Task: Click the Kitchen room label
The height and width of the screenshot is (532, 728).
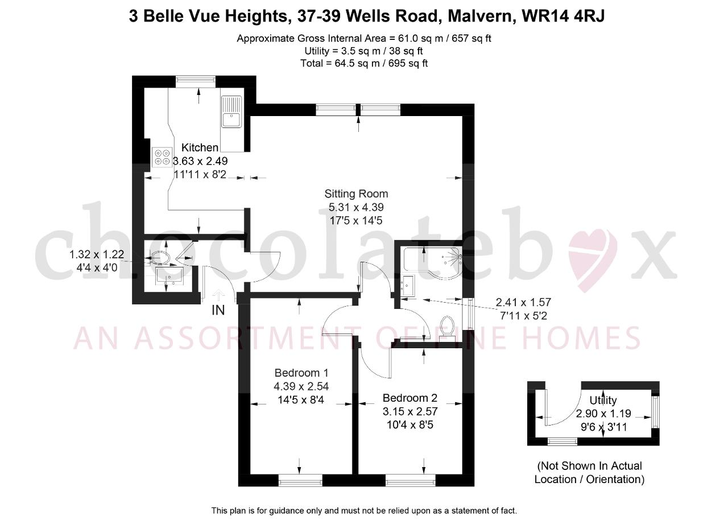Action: [200, 147]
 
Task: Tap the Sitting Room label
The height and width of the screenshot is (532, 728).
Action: [356, 194]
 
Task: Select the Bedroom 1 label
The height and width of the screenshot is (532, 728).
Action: [301, 373]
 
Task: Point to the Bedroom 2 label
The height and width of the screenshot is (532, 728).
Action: [410, 398]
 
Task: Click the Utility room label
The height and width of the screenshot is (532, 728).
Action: [603, 401]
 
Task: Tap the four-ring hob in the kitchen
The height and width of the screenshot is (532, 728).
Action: [162, 157]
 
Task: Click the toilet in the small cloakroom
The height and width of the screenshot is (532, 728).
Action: [160, 258]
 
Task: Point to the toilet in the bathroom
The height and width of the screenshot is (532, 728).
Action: [447, 328]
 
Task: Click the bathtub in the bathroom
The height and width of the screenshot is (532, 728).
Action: [432, 263]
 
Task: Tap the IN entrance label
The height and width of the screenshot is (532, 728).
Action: [218, 311]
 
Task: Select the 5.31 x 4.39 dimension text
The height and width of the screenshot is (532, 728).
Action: [356, 207]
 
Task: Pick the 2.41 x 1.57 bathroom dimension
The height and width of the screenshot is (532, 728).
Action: [523, 303]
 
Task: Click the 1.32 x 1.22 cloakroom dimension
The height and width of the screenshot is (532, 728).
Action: [97, 254]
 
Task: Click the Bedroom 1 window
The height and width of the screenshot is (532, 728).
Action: [300, 480]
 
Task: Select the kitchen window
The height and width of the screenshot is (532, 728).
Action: [196, 81]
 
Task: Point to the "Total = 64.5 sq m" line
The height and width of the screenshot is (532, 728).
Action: [364, 63]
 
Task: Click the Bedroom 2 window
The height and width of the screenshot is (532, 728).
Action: [411, 480]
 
